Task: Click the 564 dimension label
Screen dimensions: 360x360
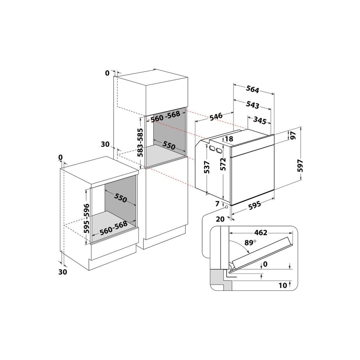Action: coord(252,89)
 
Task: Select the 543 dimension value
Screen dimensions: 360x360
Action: coord(253,105)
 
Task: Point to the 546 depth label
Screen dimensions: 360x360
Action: coord(216,116)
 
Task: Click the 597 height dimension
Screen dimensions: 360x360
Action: coord(300,165)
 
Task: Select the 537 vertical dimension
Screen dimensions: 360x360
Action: coord(207,167)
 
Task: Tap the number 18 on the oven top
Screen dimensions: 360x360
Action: coord(229,139)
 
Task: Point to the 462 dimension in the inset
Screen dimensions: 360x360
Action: coord(261,232)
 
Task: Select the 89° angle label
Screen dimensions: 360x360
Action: coord(250,243)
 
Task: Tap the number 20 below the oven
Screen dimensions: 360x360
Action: coord(220,219)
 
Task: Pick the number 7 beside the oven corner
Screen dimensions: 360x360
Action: coord(217,204)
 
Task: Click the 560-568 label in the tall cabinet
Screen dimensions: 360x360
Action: coord(166,116)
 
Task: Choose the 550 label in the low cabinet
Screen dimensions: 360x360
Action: coord(120,199)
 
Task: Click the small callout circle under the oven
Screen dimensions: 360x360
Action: coord(226,207)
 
